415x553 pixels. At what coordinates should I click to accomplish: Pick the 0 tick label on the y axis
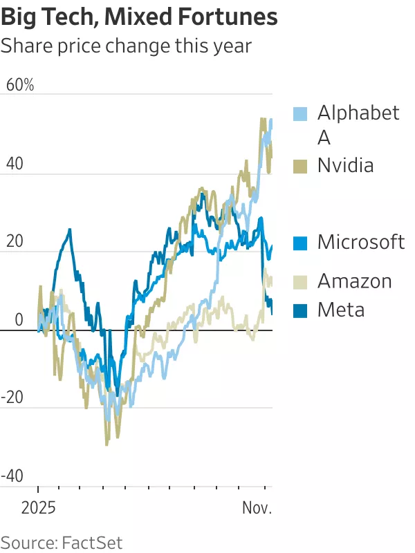[x=19, y=320]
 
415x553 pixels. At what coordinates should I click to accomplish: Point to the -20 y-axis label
[x=15, y=398]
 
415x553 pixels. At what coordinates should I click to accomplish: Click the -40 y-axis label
[x=15, y=476]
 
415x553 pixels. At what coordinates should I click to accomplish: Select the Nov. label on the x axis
[x=257, y=509]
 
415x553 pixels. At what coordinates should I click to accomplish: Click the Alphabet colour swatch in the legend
[x=300, y=113]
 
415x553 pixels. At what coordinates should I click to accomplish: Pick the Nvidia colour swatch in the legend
[x=300, y=166]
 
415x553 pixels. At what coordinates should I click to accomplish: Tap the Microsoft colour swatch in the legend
[x=300, y=243]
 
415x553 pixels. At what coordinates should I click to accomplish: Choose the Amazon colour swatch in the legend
[x=300, y=281]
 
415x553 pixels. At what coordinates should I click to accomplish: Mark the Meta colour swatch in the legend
[x=300, y=310]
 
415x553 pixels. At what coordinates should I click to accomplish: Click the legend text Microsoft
[x=361, y=243]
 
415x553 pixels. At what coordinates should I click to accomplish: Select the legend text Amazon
[x=354, y=281]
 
